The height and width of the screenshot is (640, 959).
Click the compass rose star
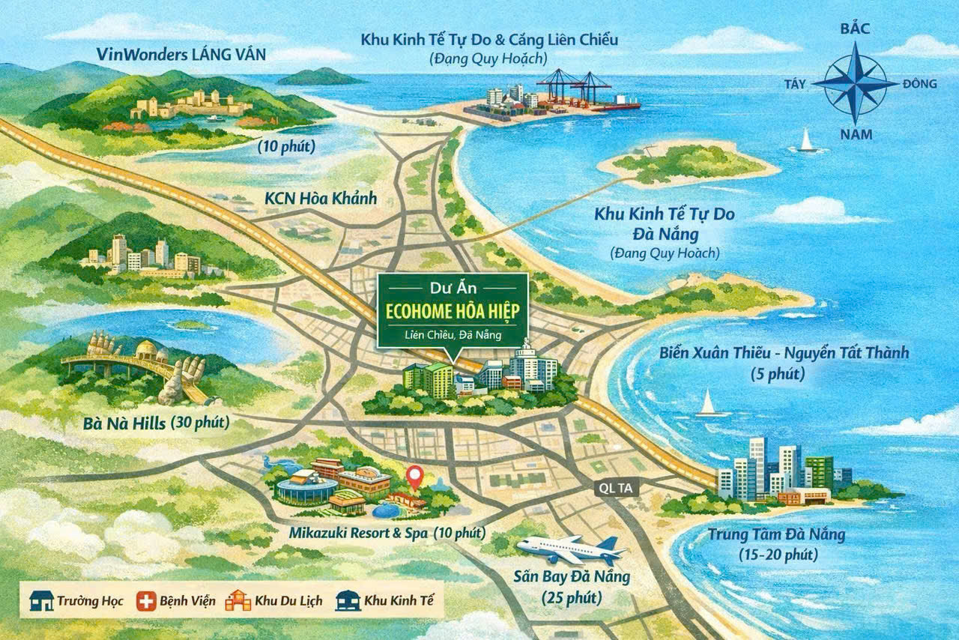[x=854, y=83]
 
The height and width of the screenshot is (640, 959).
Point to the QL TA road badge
[x=617, y=488]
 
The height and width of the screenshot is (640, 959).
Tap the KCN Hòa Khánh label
[x=321, y=199]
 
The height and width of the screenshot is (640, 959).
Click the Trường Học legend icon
[x=42, y=600]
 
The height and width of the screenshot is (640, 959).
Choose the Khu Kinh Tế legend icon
[x=348, y=600]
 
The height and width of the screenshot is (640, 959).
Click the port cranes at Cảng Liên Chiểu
[x=573, y=86]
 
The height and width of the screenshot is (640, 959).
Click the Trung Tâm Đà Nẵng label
[x=776, y=535]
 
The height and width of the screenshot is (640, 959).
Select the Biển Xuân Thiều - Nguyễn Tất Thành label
[x=784, y=352]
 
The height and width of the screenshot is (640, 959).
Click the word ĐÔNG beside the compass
[x=919, y=83]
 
